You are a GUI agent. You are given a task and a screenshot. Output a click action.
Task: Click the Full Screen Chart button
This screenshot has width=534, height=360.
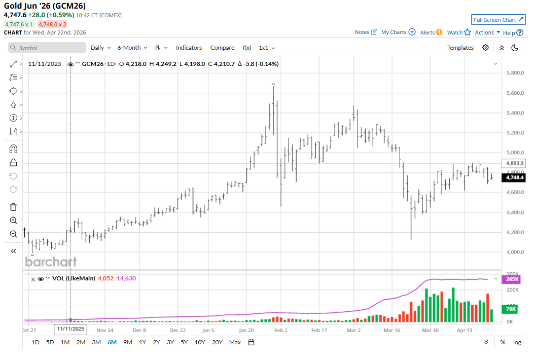point(498,20)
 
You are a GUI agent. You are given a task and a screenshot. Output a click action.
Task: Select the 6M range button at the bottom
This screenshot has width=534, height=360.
point(112,342)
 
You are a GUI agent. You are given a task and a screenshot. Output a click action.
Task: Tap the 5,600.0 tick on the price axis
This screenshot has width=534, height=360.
point(515,93)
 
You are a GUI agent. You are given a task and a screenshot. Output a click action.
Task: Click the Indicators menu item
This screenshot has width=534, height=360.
point(189,48)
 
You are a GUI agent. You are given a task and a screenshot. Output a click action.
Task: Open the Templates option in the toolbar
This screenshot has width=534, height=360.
point(460,48)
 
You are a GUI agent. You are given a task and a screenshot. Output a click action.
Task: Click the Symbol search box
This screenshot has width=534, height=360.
point(47,48)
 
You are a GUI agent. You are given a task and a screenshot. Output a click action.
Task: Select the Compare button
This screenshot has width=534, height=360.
point(222,48)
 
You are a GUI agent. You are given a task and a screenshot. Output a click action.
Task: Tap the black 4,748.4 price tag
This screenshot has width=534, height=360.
point(514,178)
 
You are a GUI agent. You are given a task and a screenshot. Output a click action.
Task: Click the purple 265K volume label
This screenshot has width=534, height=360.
point(511,279)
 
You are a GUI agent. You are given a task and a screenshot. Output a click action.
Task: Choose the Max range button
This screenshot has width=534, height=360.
point(235,342)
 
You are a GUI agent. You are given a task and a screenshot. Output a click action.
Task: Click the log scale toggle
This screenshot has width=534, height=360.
point(517,342)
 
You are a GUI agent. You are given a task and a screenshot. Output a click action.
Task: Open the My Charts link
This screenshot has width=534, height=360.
point(398,32)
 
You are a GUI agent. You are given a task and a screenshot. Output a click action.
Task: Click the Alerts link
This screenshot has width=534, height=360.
point(431,32)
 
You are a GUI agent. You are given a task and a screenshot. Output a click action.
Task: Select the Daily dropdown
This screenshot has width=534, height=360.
point(100,48)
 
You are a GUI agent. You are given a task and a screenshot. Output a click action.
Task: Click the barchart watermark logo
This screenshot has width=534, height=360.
point(51,262)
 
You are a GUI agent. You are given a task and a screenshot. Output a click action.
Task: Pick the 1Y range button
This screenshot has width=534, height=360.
point(142,342)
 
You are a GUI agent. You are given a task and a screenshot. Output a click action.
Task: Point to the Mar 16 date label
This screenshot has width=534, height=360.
point(393,330)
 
